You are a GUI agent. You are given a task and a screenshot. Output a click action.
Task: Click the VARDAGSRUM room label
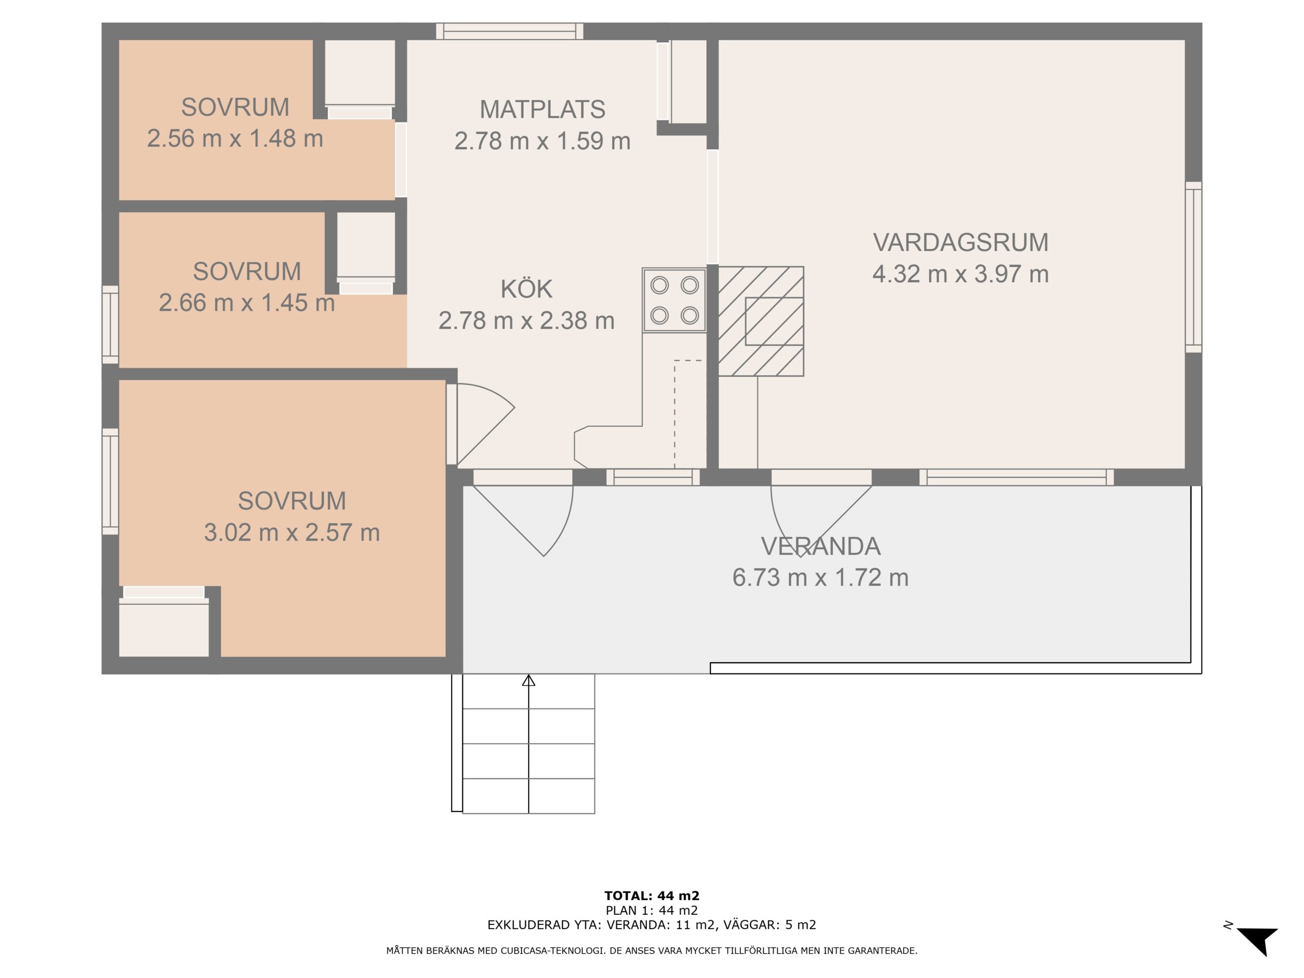coord(960,242)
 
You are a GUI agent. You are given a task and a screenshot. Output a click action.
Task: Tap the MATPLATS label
coord(542,110)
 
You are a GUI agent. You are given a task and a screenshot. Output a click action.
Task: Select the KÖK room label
coord(526,289)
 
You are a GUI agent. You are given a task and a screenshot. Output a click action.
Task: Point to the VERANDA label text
coord(821,547)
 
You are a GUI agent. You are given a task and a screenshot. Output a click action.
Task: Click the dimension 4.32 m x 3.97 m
coord(960,274)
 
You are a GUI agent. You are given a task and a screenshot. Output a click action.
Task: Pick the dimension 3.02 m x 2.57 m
coord(292,532)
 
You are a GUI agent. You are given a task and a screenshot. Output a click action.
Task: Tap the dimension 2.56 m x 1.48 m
coord(235,139)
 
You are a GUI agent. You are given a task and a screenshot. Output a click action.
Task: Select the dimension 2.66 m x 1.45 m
coord(247,303)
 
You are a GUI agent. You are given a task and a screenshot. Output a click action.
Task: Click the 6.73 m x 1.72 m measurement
coord(821,578)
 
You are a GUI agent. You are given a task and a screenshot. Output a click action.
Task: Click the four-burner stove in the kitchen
coord(674,301)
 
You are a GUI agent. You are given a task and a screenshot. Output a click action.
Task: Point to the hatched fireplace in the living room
coord(761,321)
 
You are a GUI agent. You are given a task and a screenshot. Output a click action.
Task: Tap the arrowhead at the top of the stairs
coord(529,681)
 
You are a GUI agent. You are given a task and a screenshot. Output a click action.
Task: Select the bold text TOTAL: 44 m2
coord(652,896)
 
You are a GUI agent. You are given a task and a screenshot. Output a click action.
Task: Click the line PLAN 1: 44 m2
coord(652,911)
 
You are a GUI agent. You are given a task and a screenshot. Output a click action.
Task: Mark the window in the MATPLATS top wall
coord(510,31)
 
